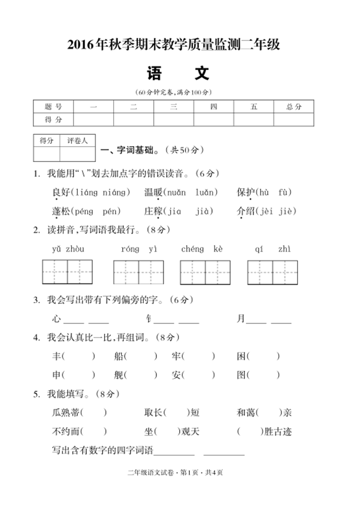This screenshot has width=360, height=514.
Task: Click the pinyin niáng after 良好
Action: pos(116,192)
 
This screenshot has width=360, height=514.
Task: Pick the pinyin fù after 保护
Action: pos(285,192)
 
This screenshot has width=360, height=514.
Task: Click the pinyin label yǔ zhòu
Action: pos(68,249)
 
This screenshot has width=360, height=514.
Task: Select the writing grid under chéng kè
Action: pos(205,272)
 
